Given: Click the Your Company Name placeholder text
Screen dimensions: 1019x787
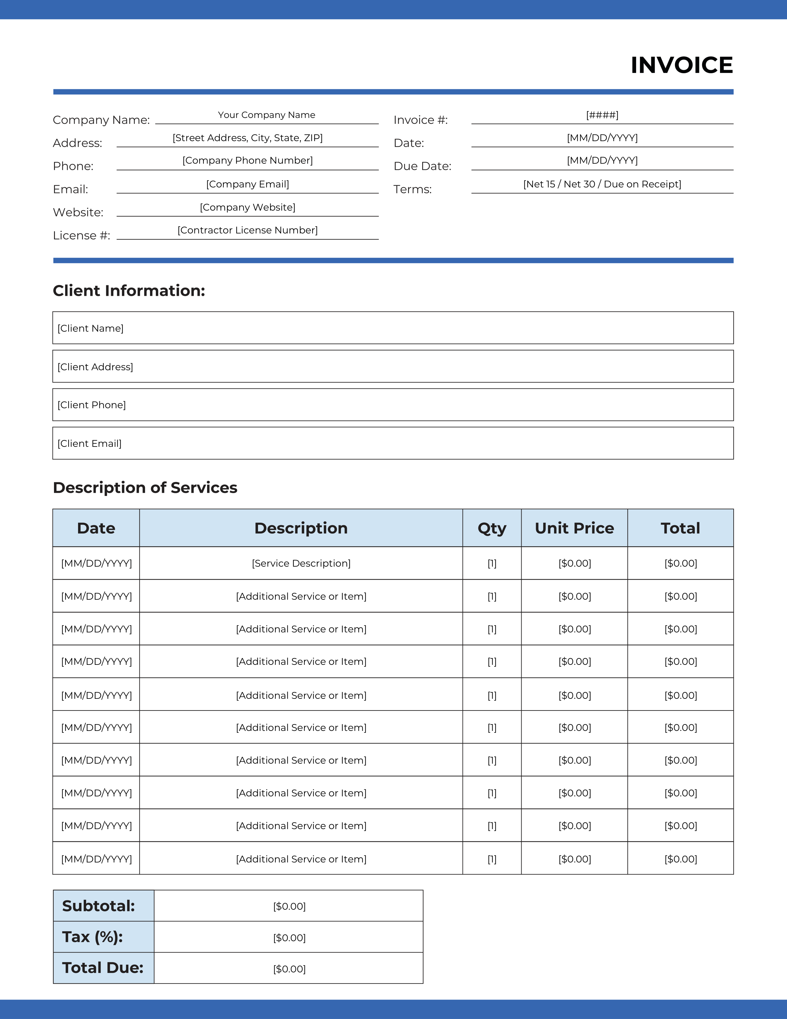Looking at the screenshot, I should pos(266,115).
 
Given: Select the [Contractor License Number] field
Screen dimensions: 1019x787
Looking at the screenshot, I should pos(247,230).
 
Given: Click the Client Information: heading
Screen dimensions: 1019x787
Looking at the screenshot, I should pos(129,290).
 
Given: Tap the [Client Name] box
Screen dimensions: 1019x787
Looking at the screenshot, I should pos(393,328).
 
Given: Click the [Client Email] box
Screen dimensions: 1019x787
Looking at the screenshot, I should pos(393,443).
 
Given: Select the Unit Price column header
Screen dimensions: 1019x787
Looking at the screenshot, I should pos(574,528).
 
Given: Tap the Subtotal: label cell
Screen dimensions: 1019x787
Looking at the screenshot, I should pos(103,906).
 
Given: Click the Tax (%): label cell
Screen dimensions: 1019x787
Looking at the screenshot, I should pos(103,937).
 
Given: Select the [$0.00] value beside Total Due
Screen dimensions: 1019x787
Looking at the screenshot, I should pos(289,969).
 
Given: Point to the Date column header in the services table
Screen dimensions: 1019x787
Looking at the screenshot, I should pos(96,528).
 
